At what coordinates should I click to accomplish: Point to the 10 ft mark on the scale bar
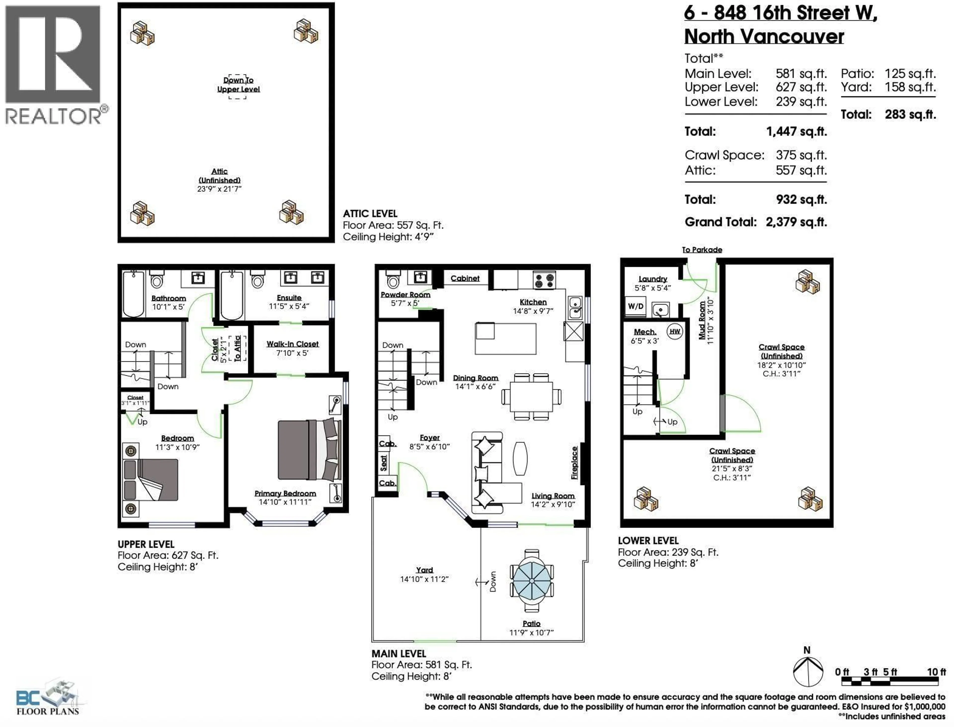[936, 672]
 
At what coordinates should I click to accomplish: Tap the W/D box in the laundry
[635, 306]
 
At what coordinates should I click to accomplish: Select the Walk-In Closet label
[292, 344]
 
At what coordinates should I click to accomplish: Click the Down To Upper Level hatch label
[238, 85]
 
